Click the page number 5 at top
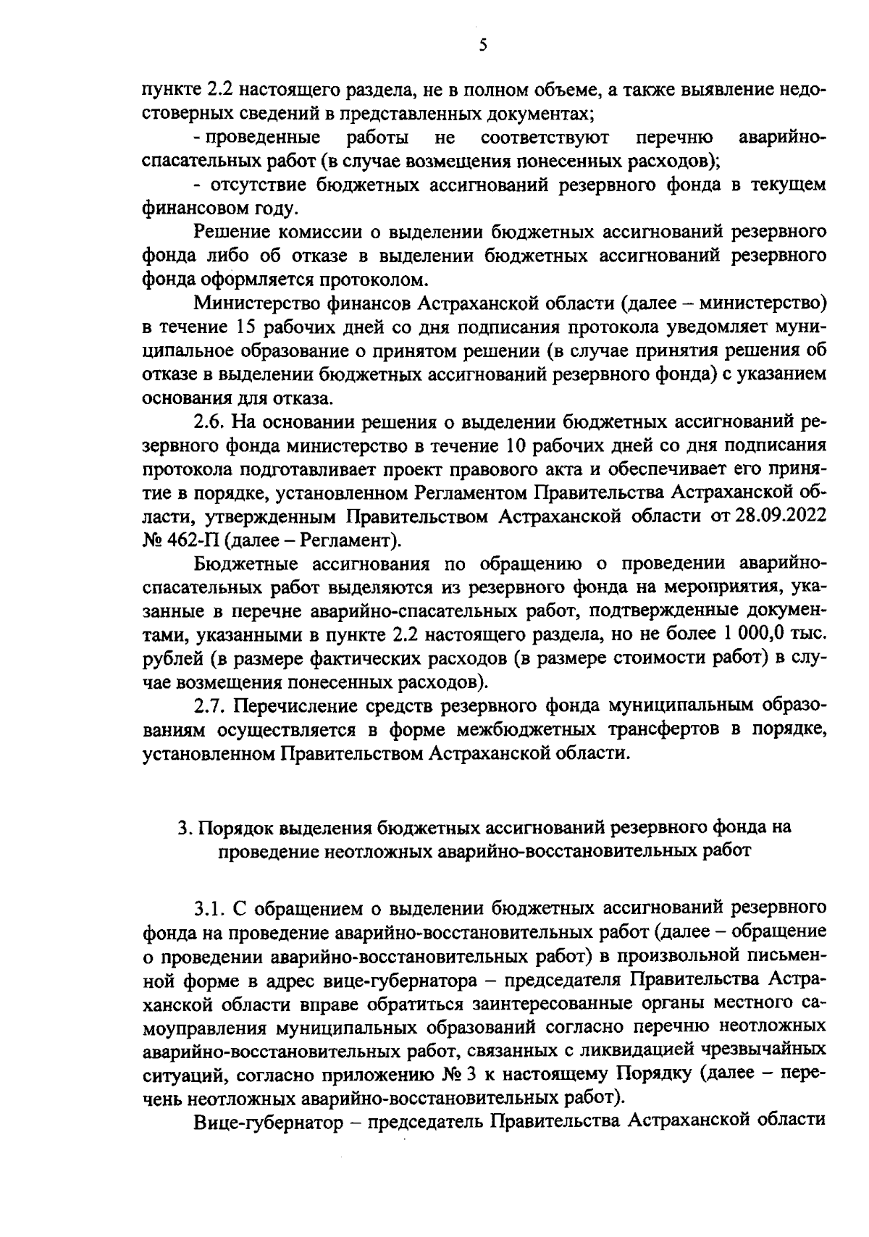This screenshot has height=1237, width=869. coord(483,45)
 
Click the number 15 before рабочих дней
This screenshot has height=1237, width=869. coord(245,327)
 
